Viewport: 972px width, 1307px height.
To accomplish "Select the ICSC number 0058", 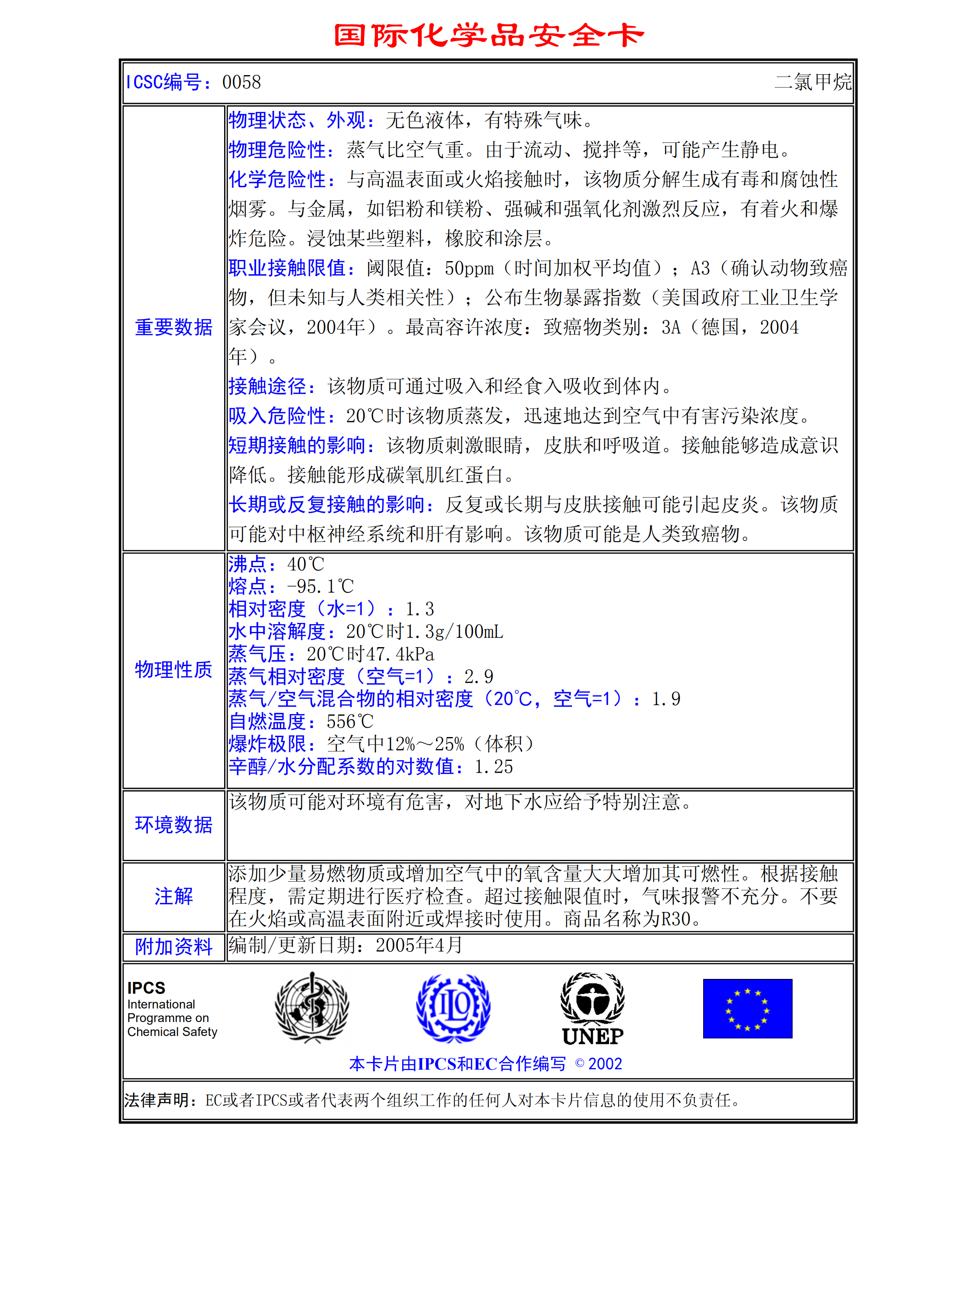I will coord(241,83).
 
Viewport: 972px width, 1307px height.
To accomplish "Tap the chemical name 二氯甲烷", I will coord(813,83).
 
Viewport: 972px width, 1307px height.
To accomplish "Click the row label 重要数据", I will coord(174,327).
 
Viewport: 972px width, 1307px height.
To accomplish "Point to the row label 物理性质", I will coord(174,670).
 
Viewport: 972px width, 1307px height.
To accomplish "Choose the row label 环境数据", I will coord(174,825).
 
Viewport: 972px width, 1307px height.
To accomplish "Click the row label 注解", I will coord(174,896).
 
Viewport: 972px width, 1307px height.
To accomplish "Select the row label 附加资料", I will coord(174,947).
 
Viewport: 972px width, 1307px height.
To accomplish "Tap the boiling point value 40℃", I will coord(305,564).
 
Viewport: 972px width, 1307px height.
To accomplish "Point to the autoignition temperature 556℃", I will coord(350,721).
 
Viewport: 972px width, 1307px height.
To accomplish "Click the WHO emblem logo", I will coord(312,1008).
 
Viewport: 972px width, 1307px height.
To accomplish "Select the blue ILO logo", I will coord(453,1008).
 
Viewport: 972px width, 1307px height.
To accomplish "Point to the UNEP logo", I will coord(592,1009).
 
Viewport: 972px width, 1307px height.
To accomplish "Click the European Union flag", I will coord(747,1008).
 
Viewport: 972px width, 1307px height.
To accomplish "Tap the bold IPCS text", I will coord(147,988).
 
